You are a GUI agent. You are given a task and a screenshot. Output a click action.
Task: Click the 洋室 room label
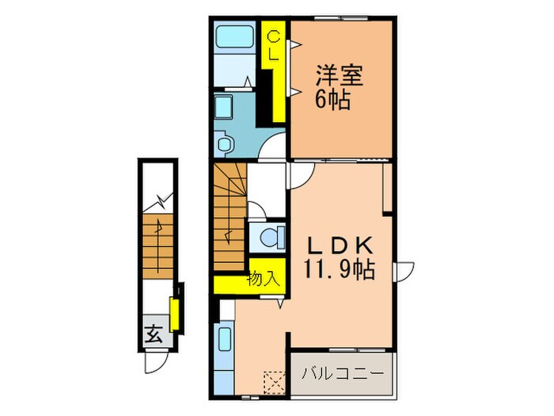(x=340, y=75)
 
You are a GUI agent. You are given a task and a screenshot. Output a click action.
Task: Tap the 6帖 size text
(x=333, y=99)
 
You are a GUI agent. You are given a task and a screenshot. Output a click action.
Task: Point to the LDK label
(x=340, y=245)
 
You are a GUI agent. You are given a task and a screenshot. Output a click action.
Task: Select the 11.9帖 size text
(x=339, y=269)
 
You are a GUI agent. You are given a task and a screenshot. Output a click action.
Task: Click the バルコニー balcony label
(x=343, y=373)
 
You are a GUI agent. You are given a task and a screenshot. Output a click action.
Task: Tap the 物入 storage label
(x=264, y=279)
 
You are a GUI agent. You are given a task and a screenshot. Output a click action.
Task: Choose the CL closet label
(x=273, y=45)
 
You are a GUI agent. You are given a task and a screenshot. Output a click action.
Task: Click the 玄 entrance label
(x=154, y=334)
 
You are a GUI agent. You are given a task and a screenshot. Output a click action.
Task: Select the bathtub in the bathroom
(x=234, y=36)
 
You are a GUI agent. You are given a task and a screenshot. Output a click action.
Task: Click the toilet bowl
(x=272, y=237)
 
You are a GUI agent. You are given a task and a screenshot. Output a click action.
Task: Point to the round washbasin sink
(x=225, y=144)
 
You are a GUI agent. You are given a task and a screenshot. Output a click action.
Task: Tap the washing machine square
(x=223, y=106)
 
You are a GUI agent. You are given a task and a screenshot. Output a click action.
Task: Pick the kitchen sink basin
(x=225, y=339)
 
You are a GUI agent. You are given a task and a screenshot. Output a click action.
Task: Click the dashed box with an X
(x=275, y=383)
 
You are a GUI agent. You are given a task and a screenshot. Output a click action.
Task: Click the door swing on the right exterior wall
(x=405, y=272)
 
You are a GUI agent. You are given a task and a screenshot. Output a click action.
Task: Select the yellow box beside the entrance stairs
(x=174, y=315)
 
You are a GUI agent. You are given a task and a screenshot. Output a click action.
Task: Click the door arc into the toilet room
(x=257, y=209)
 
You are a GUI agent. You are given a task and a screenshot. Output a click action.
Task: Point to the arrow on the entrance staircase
(x=158, y=246)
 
